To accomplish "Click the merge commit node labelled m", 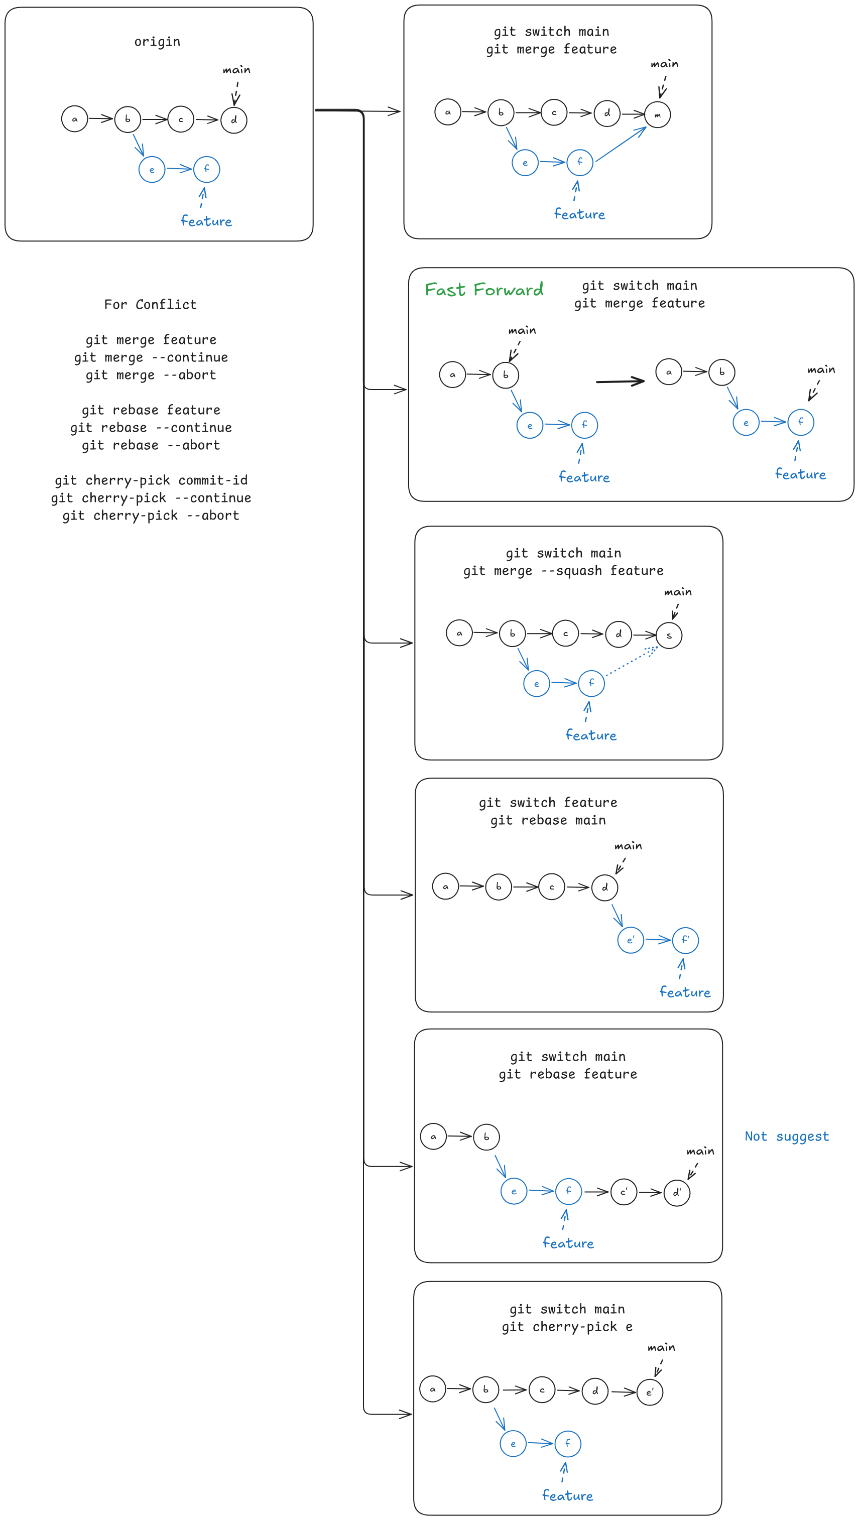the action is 657,114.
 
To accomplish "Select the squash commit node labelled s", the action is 669,636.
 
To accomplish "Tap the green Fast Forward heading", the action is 484,289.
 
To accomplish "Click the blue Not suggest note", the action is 786,1136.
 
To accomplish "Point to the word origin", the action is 157,41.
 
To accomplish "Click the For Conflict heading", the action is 151,305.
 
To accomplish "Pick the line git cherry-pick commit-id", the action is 151,480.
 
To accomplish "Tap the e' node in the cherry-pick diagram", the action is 650,1392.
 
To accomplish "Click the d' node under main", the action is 677,1193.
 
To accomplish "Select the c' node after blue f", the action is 624,1192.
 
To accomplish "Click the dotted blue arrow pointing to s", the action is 631,662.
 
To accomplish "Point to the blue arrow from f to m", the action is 621,144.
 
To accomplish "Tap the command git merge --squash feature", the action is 563,571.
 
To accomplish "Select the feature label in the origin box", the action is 206,221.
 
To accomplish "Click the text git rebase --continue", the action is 151,427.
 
